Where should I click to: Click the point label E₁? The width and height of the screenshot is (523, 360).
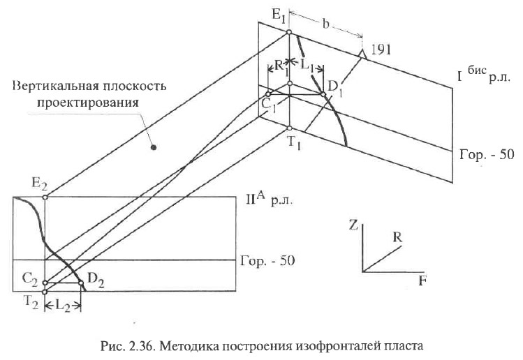(x=279, y=15)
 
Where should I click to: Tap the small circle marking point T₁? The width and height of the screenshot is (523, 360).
(x=289, y=128)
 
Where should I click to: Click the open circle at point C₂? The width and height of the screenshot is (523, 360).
(x=45, y=283)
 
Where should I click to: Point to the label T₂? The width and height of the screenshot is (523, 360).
(x=31, y=303)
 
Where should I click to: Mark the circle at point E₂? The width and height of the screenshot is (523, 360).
(x=45, y=197)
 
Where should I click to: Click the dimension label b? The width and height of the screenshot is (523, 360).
(x=326, y=24)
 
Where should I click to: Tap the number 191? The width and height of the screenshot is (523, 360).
(x=381, y=50)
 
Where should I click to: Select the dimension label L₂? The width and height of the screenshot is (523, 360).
(x=63, y=306)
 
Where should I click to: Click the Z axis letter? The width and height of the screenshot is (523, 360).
(x=353, y=225)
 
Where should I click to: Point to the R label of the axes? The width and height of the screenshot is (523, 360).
(x=397, y=237)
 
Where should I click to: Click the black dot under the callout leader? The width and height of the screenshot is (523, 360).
(x=154, y=147)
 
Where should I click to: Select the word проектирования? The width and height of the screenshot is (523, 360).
(x=88, y=102)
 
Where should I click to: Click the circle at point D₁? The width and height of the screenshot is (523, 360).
(x=323, y=95)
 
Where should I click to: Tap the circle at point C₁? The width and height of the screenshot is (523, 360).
(x=268, y=94)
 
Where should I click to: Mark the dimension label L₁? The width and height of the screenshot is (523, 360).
(x=307, y=66)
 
